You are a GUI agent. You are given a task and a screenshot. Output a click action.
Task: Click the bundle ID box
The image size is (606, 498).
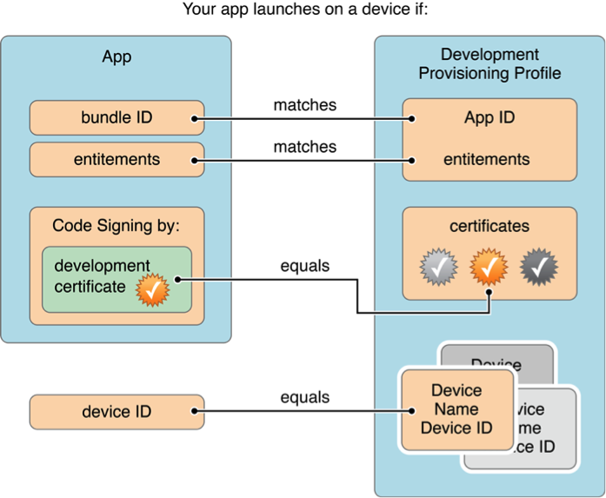117,117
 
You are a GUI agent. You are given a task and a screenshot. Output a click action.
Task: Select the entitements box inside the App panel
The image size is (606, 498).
117,160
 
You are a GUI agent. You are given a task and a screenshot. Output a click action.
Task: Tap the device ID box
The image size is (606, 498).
117,411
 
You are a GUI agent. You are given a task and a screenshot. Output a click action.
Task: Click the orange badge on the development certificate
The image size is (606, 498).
153,290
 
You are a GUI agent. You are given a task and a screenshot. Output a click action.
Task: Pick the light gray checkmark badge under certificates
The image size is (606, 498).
437,268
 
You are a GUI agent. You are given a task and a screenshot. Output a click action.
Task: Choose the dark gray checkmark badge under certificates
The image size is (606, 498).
539,268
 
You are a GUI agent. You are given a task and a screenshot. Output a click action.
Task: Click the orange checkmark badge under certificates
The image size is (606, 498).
489,268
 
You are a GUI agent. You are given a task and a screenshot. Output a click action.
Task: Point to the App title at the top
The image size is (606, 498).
117,57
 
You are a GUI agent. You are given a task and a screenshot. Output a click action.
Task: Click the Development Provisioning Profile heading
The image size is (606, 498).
489,64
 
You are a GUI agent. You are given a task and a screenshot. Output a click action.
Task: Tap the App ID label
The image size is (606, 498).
489,118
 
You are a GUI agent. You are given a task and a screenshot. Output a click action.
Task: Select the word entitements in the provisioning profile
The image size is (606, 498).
487,160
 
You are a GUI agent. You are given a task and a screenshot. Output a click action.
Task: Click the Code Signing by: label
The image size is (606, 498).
117,226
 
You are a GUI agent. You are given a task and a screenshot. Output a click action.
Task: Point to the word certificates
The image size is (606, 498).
489,226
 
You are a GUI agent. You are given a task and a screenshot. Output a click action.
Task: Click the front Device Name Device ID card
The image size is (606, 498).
456,409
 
